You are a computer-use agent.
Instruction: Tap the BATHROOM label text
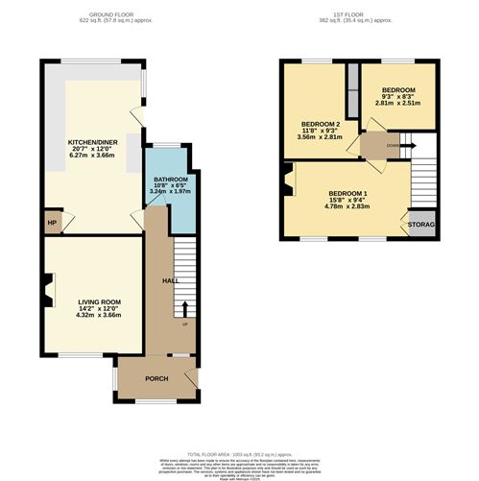(x=171, y=180)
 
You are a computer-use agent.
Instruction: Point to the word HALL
(x=170, y=280)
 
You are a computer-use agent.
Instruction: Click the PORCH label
(x=156, y=377)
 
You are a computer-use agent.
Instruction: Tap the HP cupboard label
(x=52, y=224)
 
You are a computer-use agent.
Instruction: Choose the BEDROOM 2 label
(x=322, y=125)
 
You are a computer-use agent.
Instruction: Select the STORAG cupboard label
(x=421, y=225)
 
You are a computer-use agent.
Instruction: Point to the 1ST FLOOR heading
(x=358, y=14)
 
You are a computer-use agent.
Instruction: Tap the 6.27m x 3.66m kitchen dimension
(x=90, y=158)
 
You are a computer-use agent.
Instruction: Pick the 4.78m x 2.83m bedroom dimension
(x=347, y=206)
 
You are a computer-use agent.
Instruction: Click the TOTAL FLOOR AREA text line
(x=239, y=452)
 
